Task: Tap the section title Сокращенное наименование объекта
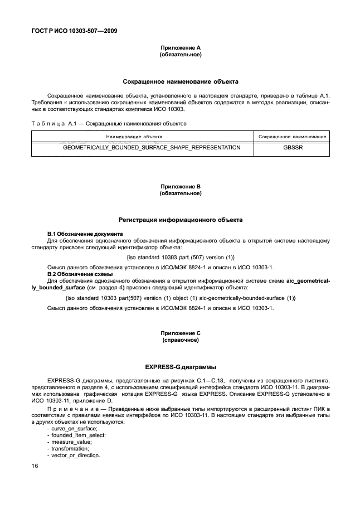181,81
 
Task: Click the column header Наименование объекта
142,135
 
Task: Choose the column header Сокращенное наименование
292,135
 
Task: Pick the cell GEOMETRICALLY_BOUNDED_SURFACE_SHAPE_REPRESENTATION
152,148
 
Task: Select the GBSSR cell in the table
292,148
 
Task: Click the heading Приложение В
181,187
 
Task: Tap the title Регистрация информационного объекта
181,220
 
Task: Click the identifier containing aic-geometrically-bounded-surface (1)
181,298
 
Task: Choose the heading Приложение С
181,333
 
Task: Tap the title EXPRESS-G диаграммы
181,366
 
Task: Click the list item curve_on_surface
65,428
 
